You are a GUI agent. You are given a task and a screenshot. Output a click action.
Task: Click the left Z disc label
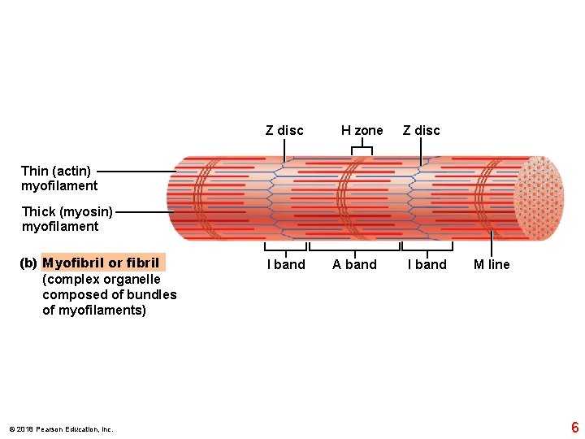click(284, 131)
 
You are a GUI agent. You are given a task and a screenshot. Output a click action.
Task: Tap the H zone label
click(362, 131)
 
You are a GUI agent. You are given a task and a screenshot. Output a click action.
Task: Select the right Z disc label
click(421, 131)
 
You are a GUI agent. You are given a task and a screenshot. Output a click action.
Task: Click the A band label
click(354, 265)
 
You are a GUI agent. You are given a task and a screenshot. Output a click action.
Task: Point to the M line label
click(492, 265)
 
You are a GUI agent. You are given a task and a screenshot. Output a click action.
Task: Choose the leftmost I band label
click(286, 265)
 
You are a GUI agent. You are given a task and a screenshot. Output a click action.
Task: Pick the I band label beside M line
click(427, 265)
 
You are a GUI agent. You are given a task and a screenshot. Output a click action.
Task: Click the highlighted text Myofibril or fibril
click(102, 263)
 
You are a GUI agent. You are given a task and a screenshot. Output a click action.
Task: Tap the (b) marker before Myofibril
click(28, 263)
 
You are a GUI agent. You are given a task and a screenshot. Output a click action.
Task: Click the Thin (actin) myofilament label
click(57, 178)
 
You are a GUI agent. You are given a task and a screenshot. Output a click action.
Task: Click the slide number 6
click(574, 428)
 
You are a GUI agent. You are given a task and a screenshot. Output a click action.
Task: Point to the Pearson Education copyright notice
click(61, 429)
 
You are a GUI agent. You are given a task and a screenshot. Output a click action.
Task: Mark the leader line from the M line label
click(492, 244)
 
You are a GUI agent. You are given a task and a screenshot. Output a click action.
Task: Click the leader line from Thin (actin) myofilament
click(134, 172)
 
